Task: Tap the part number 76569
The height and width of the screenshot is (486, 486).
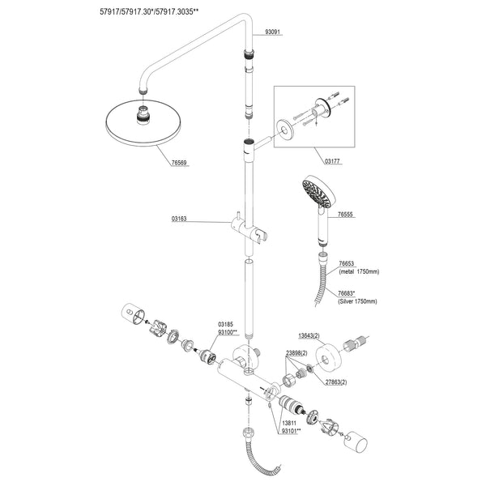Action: click(179, 163)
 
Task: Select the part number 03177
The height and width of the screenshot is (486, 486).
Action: click(331, 162)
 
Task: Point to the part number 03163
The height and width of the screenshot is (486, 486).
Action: click(180, 219)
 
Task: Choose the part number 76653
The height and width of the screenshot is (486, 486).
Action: click(348, 264)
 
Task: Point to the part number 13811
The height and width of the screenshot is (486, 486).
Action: click(289, 424)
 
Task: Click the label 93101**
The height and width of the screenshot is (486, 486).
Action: click(291, 432)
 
